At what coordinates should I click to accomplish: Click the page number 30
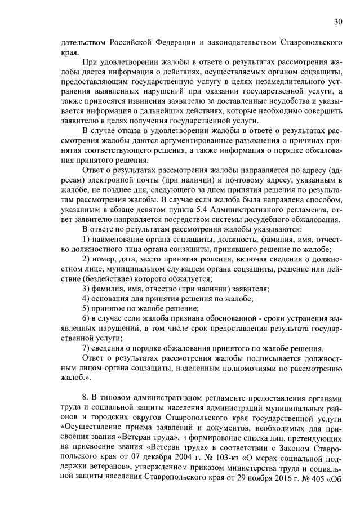338,22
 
